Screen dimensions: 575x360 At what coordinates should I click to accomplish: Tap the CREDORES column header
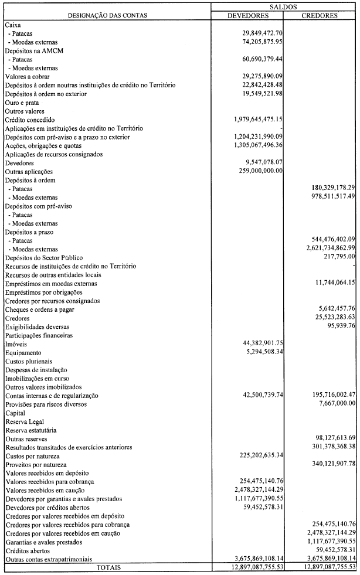(x=320, y=15)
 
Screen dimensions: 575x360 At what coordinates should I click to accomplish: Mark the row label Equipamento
(x=23, y=353)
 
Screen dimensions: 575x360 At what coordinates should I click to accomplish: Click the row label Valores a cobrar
(x=27, y=77)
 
